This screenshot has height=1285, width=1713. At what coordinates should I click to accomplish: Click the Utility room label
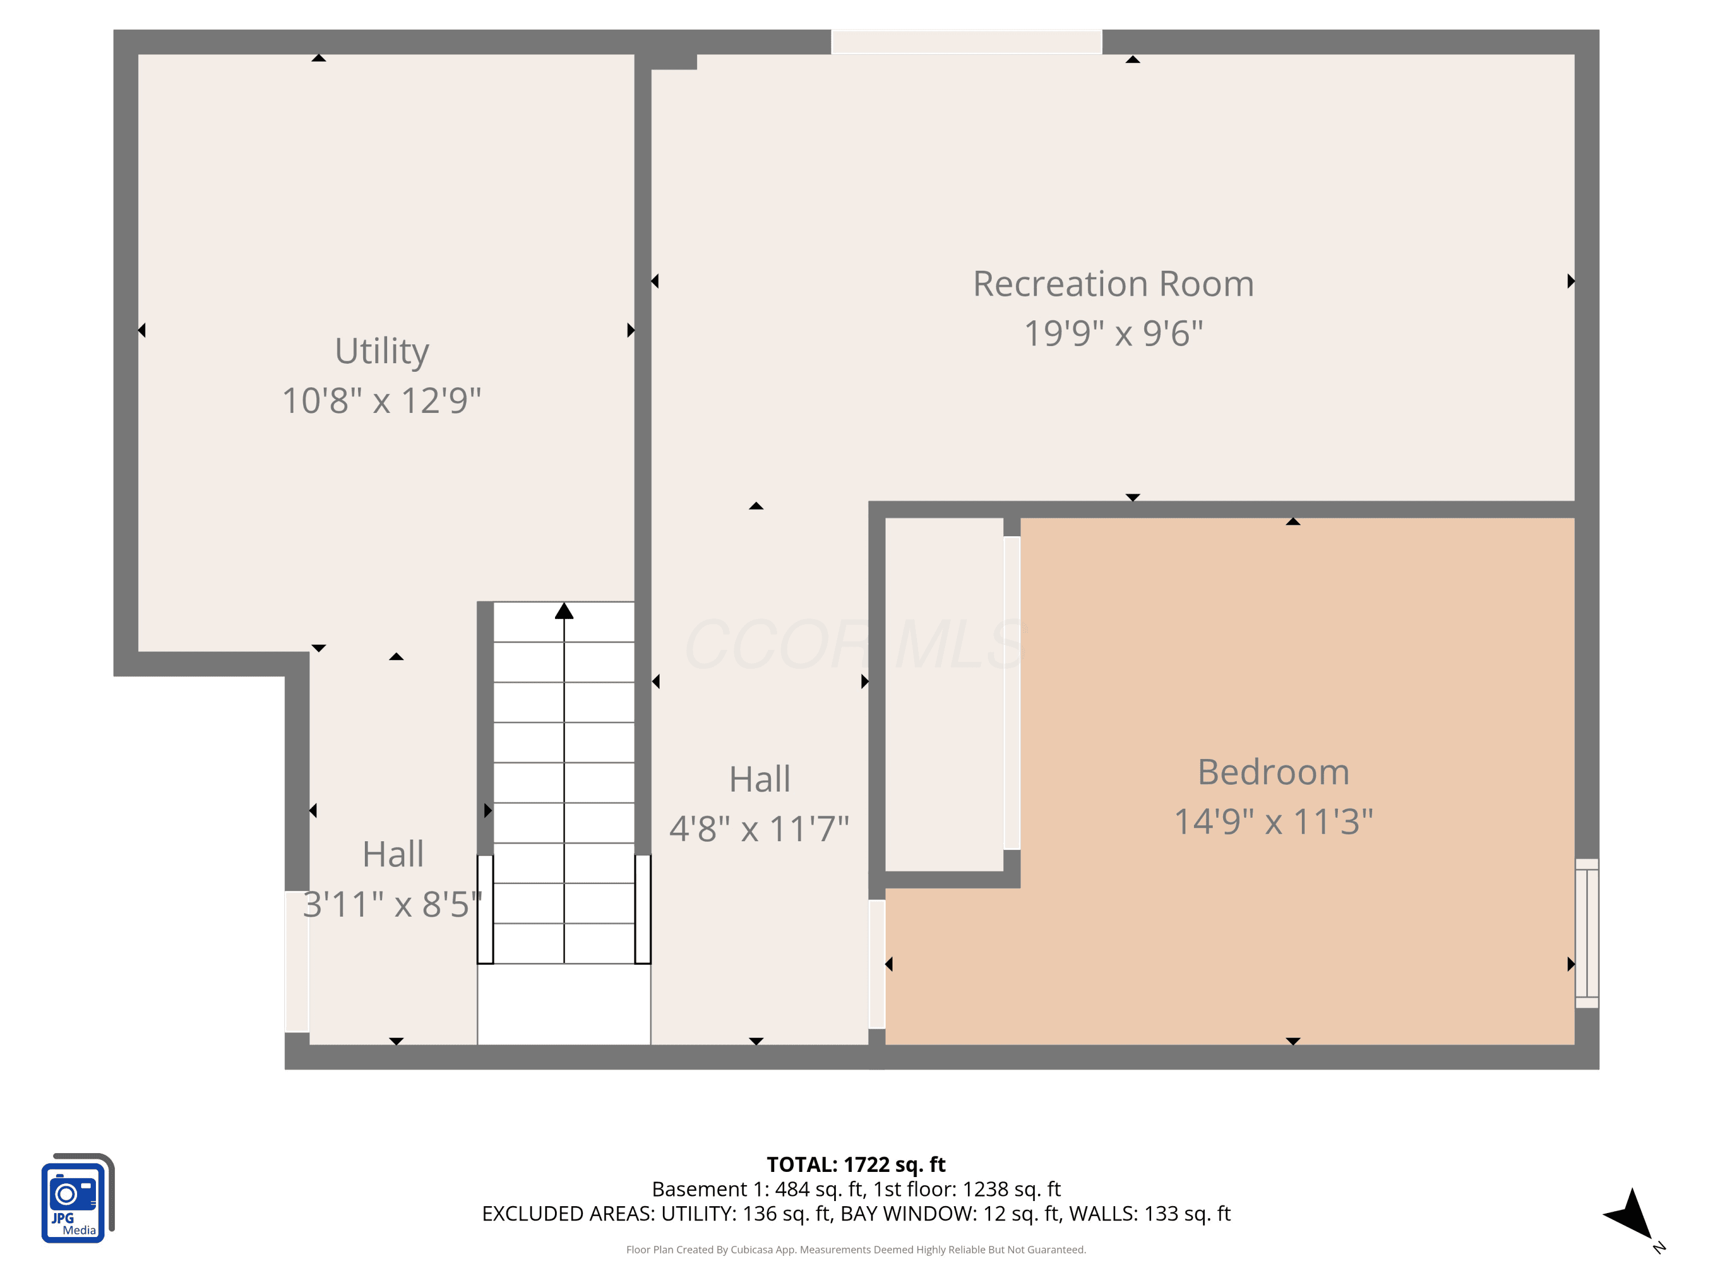(x=382, y=352)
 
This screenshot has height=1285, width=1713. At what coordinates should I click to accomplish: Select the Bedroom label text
(x=1273, y=772)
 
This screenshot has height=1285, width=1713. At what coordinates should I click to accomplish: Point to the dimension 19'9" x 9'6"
(x=1113, y=333)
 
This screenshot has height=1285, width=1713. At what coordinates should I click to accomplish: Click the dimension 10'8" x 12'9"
(x=382, y=400)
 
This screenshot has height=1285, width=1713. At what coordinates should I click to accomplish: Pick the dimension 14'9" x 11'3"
(x=1273, y=821)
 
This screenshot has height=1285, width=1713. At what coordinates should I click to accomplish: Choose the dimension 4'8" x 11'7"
(x=759, y=828)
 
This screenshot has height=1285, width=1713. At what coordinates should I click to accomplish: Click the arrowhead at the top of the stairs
(x=564, y=611)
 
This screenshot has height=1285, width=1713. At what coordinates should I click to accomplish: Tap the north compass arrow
(x=1630, y=1214)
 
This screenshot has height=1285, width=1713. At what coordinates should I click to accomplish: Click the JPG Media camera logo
(x=78, y=1198)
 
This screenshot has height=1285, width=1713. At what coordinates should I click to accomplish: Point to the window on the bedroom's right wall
(x=1587, y=933)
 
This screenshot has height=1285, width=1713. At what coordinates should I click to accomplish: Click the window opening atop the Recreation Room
(x=967, y=42)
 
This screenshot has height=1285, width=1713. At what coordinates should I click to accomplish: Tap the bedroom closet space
(x=944, y=694)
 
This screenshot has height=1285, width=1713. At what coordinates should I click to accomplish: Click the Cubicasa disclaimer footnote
(x=856, y=1250)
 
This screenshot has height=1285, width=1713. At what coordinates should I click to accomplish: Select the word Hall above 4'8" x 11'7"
(x=759, y=778)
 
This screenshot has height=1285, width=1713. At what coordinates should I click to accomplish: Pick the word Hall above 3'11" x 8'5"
(x=393, y=854)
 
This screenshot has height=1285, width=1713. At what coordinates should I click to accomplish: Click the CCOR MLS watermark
(x=856, y=644)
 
